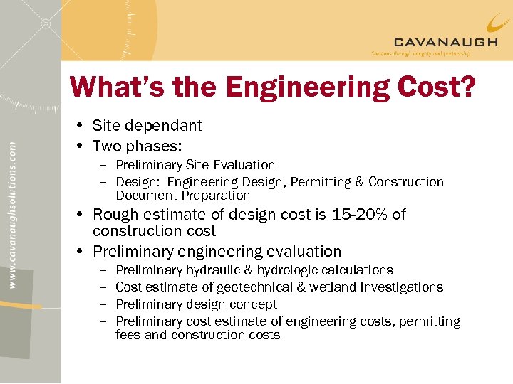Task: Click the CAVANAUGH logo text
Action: [x=445, y=42]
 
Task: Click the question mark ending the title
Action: [x=467, y=88]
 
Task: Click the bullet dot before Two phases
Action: [x=83, y=146]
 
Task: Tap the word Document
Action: [x=146, y=196]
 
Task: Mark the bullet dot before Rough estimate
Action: [x=83, y=215]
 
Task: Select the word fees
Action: [x=128, y=335]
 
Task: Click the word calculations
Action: [x=358, y=270]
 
